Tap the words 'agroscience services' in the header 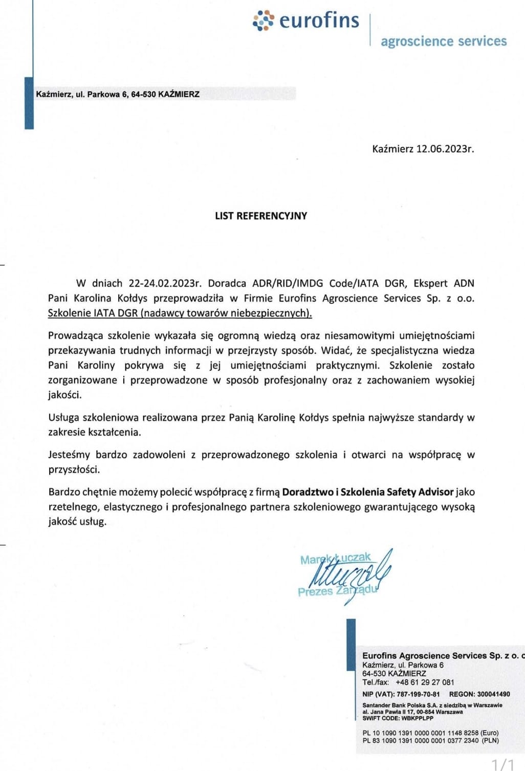pos(443,41)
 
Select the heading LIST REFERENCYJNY pos(261,216)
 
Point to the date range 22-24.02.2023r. pos(165,283)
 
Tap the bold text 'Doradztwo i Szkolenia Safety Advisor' pos(368,492)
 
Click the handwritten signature pos(353,574)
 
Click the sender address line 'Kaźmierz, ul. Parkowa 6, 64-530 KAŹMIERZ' pos(118,94)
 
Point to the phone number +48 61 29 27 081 pos(425,682)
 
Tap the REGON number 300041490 pos(493,694)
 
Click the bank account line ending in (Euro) pos(430,733)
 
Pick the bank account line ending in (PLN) pos(430,740)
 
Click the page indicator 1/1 pos(503,764)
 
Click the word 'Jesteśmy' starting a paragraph pos(69,455)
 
